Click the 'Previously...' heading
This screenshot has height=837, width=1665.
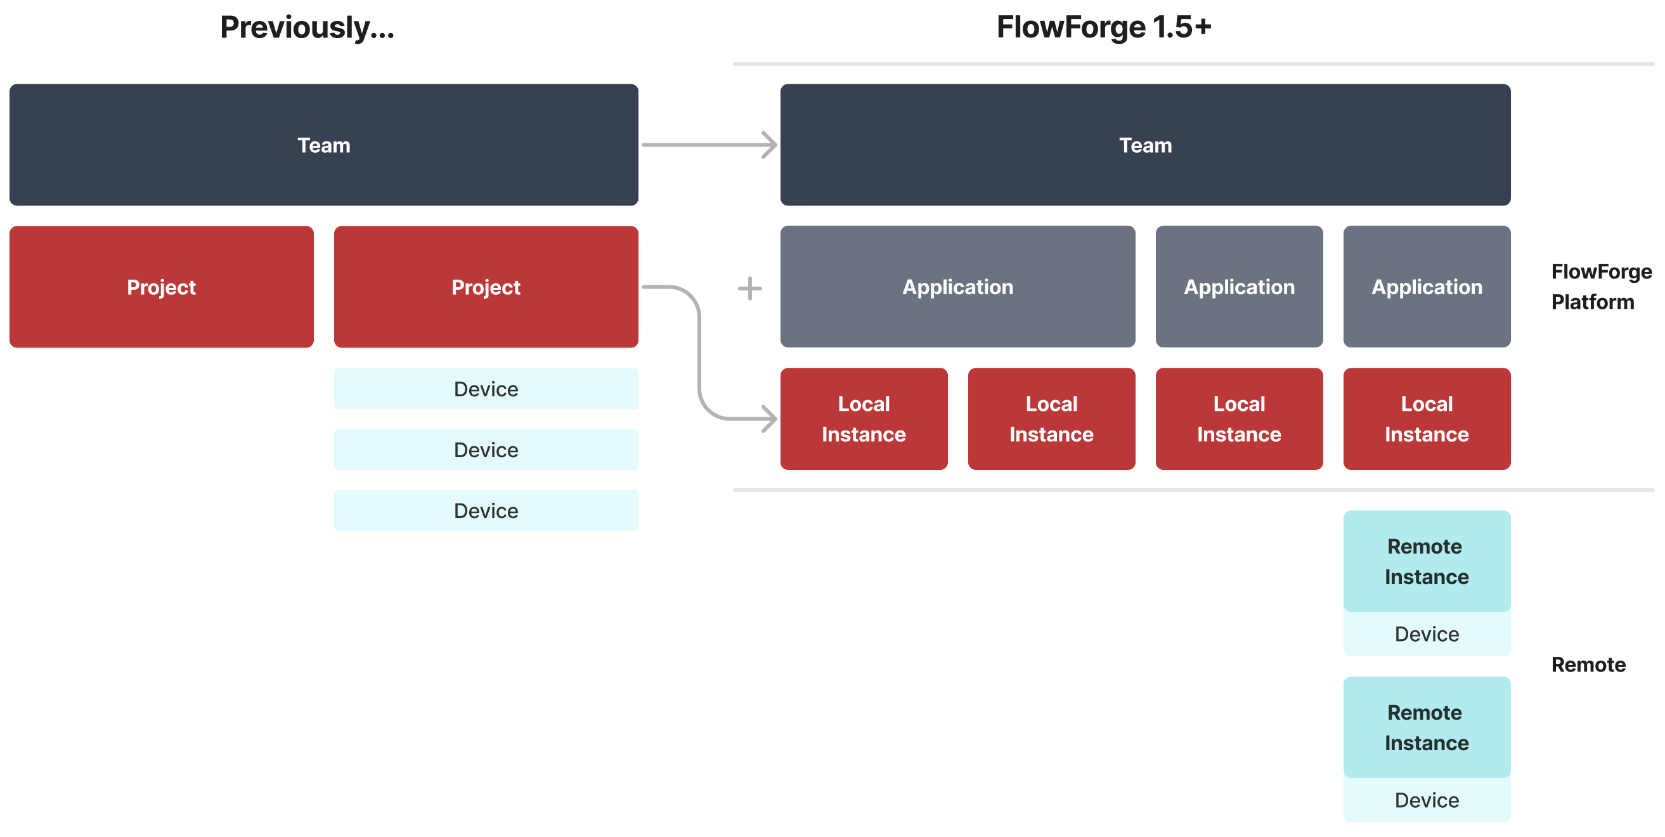click(307, 28)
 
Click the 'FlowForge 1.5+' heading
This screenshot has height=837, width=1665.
click(1103, 28)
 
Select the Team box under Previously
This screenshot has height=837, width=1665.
click(324, 145)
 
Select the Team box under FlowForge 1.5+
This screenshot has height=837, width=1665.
click(1144, 145)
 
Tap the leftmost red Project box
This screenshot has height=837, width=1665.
click(162, 287)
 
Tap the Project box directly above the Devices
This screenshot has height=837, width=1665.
click(486, 287)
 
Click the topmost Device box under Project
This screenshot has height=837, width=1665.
click(486, 389)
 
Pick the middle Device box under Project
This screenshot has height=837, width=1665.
click(486, 450)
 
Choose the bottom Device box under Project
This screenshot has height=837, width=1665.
click(486, 510)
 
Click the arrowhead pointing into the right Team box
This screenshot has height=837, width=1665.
click(770, 145)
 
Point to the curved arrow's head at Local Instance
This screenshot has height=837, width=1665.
click(770, 419)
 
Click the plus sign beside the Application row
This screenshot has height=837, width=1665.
click(750, 289)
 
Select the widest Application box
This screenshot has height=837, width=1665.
click(957, 287)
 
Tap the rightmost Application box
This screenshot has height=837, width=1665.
click(1427, 287)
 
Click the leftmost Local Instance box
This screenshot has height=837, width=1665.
click(864, 419)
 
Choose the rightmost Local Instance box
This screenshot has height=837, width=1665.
click(1427, 419)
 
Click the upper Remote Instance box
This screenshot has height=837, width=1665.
click(1427, 561)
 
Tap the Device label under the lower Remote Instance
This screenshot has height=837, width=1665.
click(1427, 800)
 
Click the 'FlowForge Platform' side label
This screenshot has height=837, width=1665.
click(1600, 287)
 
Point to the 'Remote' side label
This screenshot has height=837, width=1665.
click(1588, 665)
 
